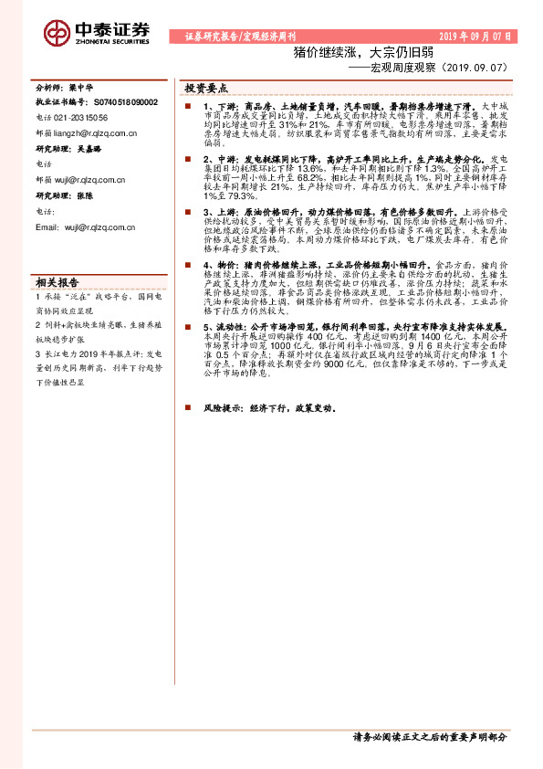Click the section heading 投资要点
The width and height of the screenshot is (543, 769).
(206, 90)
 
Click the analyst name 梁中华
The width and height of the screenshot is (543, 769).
(82, 89)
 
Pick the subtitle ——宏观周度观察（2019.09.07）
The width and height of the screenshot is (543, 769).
(428, 68)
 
